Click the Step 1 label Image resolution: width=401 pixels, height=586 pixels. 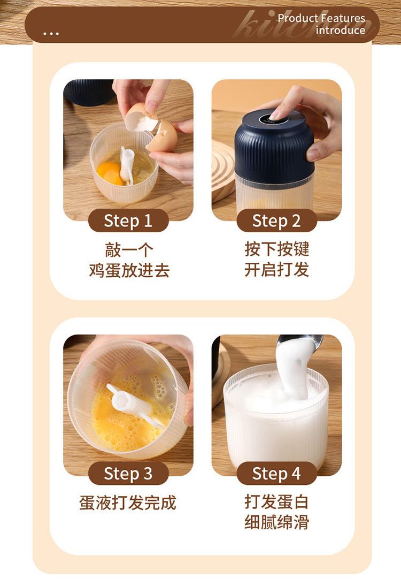click(x=128, y=220)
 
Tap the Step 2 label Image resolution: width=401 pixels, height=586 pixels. click(x=276, y=220)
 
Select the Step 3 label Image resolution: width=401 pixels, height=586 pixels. click(x=128, y=473)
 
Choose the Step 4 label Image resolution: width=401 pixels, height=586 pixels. click(x=276, y=473)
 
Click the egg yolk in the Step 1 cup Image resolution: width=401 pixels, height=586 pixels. click(x=110, y=173)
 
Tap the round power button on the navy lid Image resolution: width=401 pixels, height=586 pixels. click(x=274, y=119)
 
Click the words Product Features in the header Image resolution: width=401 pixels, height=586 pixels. click(x=321, y=18)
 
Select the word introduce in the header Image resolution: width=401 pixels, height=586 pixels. click(x=341, y=30)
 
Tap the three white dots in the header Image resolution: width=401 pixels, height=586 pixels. click(x=51, y=34)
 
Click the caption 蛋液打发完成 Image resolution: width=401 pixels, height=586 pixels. click(x=128, y=503)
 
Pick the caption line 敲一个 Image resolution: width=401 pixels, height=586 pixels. click(x=129, y=249)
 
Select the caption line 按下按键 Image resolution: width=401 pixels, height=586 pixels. click(x=276, y=249)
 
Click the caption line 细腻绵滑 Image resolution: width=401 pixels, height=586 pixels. click(x=276, y=522)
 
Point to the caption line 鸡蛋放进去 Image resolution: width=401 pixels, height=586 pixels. click(x=129, y=270)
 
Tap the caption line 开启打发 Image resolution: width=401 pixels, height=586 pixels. click(x=276, y=270)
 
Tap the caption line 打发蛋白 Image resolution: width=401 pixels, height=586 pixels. click(x=276, y=501)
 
